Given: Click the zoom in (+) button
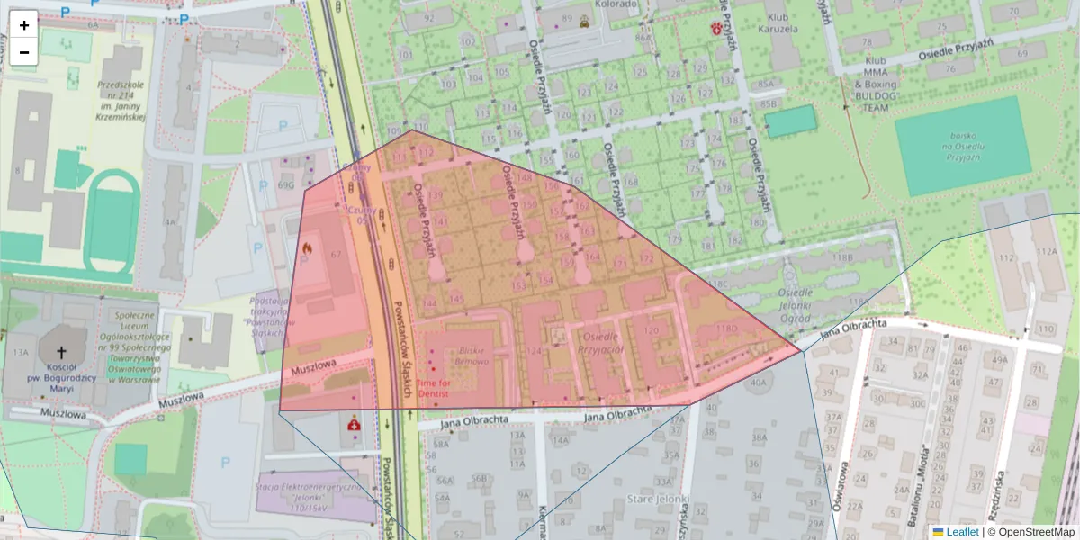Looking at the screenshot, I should click(x=24, y=24).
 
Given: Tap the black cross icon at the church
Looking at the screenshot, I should click(x=62, y=353).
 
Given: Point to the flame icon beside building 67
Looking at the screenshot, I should click(x=306, y=244).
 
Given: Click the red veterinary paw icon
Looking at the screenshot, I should click(x=716, y=29).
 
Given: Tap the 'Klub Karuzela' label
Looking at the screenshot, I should click(x=780, y=22).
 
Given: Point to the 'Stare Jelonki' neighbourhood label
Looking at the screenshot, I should click(x=659, y=499).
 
